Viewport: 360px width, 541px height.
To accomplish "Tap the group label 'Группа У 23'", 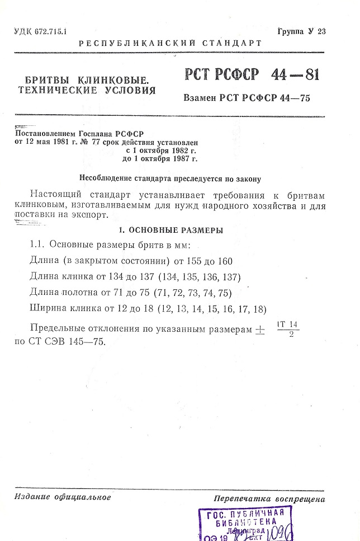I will pos(301,31).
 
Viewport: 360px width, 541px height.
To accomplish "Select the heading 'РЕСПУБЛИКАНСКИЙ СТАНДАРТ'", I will pos(170,43).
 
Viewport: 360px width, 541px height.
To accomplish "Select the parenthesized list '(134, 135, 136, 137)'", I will pos(200,277).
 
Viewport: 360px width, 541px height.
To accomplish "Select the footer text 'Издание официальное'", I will pos(63,497).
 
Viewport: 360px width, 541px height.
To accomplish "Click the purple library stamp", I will pos(246,524).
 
